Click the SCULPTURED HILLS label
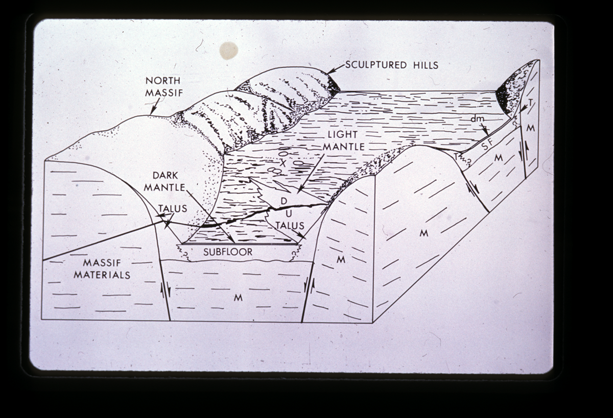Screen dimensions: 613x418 pyautogui.click(x=392, y=65)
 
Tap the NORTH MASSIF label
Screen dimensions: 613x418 pyautogui.click(x=163, y=87)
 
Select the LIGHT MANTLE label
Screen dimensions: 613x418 pyautogui.click(x=344, y=140)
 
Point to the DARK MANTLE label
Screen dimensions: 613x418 pyautogui.click(x=164, y=181)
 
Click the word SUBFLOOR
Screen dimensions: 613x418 pyautogui.click(x=228, y=252)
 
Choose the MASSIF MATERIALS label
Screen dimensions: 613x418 pyautogui.click(x=102, y=269)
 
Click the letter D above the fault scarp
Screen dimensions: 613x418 pyautogui.click(x=284, y=201)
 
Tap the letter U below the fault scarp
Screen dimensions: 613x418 pyautogui.click(x=289, y=213)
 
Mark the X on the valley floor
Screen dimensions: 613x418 pyautogui.click(x=283, y=163)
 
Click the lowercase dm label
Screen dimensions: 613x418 pyautogui.click(x=478, y=118)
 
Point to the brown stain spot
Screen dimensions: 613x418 pyautogui.click(x=228, y=51)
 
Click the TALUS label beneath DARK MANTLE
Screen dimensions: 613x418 pyautogui.click(x=173, y=209)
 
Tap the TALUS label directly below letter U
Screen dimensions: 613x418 pyautogui.click(x=290, y=226)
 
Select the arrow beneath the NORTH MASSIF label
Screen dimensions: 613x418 pyautogui.click(x=154, y=107)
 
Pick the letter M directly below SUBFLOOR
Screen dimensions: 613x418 pyautogui.click(x=238, y=298)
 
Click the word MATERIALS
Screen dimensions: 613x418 pyautogui.click(x=102, y=275)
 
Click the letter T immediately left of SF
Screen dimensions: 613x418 pyautogui.click(x=456, y=157)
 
